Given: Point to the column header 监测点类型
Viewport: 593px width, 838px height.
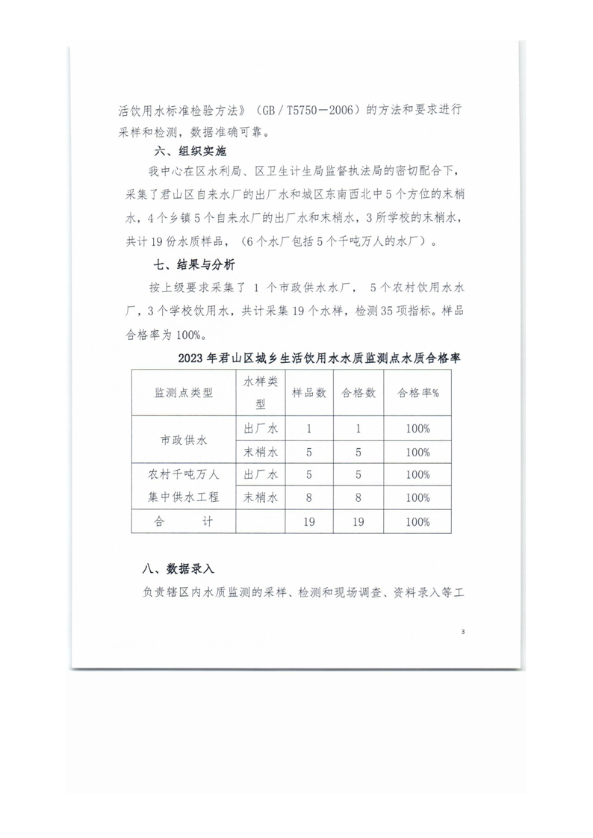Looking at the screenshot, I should tap(183, 393).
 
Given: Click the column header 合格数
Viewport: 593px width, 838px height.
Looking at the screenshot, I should tap(358, 393).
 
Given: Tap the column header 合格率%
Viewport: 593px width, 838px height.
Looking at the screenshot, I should tap(417, 393).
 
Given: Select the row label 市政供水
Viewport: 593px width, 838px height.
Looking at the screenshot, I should tap(183, 440).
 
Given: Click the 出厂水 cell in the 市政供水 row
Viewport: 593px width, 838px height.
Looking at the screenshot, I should tap(261, 429).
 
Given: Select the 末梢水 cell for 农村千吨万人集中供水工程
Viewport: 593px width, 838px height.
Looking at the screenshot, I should tap(261, 497).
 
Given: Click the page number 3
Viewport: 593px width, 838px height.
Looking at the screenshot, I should tap(463, 633).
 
